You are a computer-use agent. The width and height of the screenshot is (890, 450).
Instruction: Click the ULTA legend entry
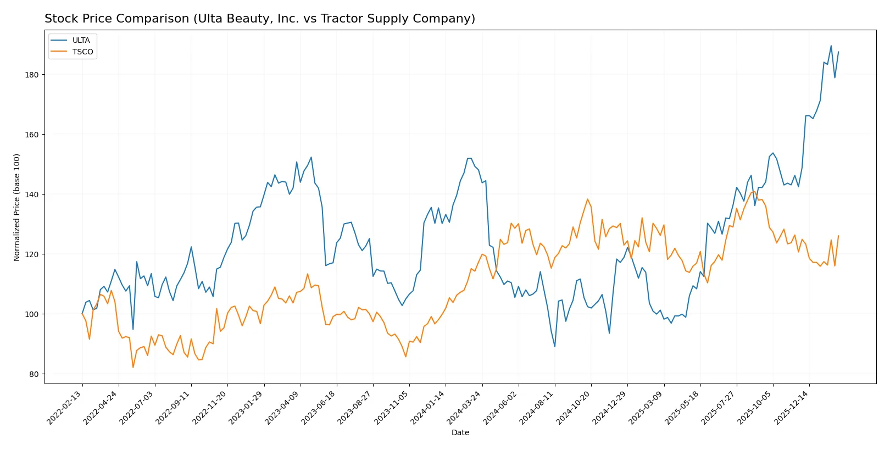point(81,41)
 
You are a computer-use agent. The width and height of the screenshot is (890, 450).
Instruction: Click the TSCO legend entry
point(82,52)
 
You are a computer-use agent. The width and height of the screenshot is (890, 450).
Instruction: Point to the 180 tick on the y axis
point(32,75)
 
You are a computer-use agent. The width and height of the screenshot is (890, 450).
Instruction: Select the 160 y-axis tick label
point(32,135)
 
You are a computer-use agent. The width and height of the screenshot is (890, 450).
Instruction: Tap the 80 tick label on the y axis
point(34,374)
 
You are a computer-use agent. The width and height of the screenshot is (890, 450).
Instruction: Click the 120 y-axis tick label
point(32,254)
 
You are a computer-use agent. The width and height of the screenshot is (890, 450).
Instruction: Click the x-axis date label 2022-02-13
point(65,408)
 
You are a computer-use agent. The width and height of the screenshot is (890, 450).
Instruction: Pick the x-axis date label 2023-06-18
point(319,408)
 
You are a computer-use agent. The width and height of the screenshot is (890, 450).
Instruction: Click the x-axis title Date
point(460,433)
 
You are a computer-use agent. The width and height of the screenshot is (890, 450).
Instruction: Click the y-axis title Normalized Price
point(17,207)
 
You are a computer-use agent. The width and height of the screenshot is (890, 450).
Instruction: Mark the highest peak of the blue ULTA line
point(831,46)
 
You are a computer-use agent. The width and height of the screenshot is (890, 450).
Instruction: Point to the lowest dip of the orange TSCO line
point(133,368)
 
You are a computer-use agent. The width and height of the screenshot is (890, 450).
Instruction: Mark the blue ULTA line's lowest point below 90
point(555,347)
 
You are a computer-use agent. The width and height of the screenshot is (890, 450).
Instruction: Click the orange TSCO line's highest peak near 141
point(753,191)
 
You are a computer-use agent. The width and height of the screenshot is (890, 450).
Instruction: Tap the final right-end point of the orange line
point(838,236)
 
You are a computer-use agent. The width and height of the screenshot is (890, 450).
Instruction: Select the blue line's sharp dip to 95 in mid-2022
point(133,330)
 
